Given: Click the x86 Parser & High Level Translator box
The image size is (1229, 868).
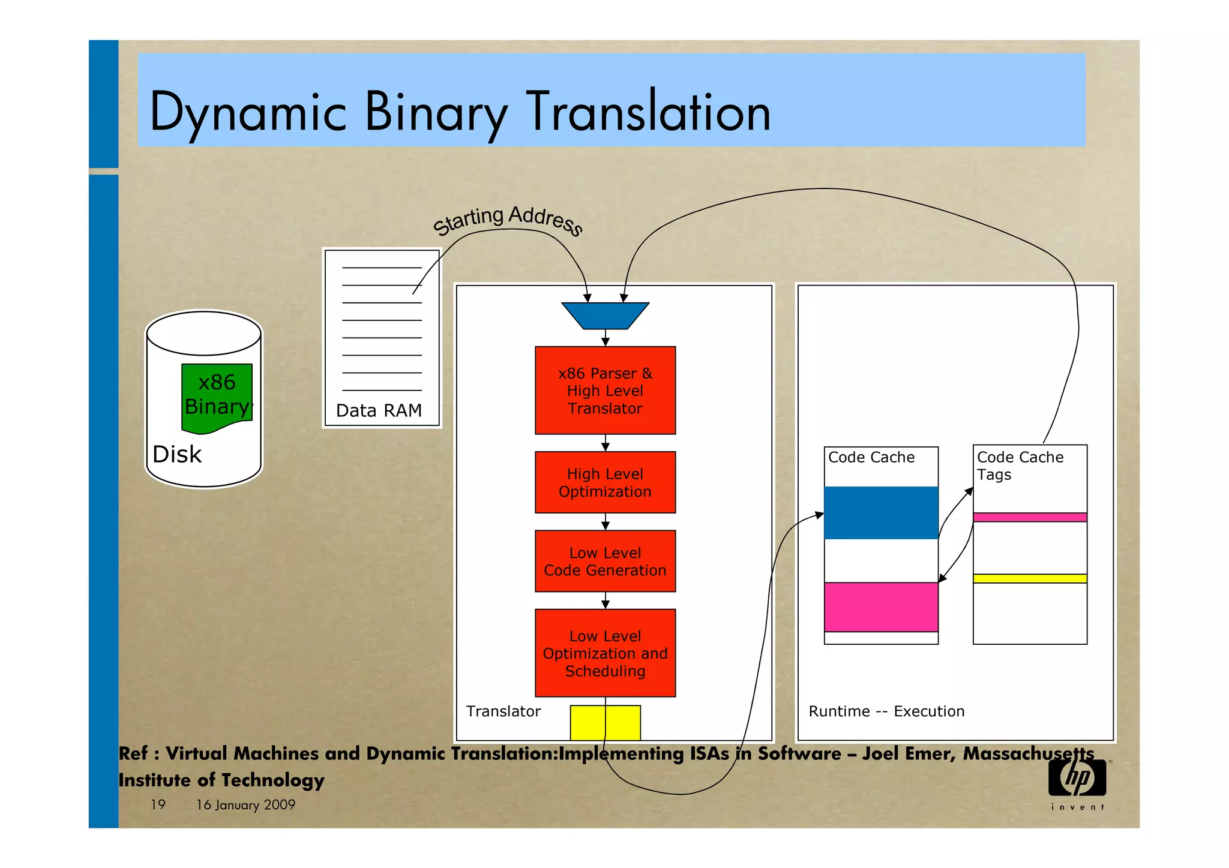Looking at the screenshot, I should pos(605,391).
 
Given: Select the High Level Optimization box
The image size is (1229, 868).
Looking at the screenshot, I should pos(605,482).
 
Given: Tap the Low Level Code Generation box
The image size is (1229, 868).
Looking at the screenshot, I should pos(605,561).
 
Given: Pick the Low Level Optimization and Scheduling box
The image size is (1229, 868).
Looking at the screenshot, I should pos(605,653).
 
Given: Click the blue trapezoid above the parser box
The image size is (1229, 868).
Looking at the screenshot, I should pos(605,316).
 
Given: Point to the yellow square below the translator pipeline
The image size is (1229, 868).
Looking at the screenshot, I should pos(605,723).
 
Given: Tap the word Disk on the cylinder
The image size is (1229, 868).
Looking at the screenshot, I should pos(177,454).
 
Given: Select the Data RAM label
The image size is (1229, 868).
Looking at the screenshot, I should pos(379,410).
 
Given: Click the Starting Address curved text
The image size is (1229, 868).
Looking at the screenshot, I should pos(508,220).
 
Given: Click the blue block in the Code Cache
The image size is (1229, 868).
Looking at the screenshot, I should pos(881,513).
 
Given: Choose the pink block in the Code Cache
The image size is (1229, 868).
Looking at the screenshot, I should pos(881,607).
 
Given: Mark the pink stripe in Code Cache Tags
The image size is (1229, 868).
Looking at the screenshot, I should pos(1030,517).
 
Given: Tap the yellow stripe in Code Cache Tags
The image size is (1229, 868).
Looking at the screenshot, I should pos(1030,578).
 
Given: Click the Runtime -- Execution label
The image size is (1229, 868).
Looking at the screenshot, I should pos(886,711).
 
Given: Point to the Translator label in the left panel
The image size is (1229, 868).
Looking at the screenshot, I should pos(503,711).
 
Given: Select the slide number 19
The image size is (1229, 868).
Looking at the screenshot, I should pos(158,804).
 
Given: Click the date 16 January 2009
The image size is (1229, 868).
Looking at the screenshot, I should pos(245,804).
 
